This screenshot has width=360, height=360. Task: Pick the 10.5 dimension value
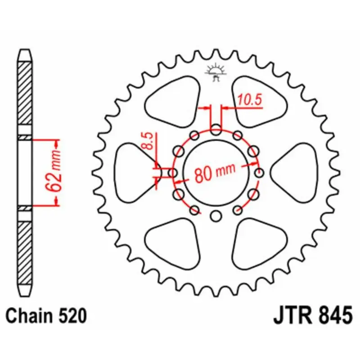pyautogui.click(x=250, y=100)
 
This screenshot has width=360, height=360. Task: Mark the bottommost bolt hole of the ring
pyautogui.click(x=216, y=216)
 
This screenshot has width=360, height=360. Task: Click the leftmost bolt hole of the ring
pyautogui.click(x=172, y=173)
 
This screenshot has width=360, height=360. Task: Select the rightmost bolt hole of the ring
pyautogui.click(x=259, y=173)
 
